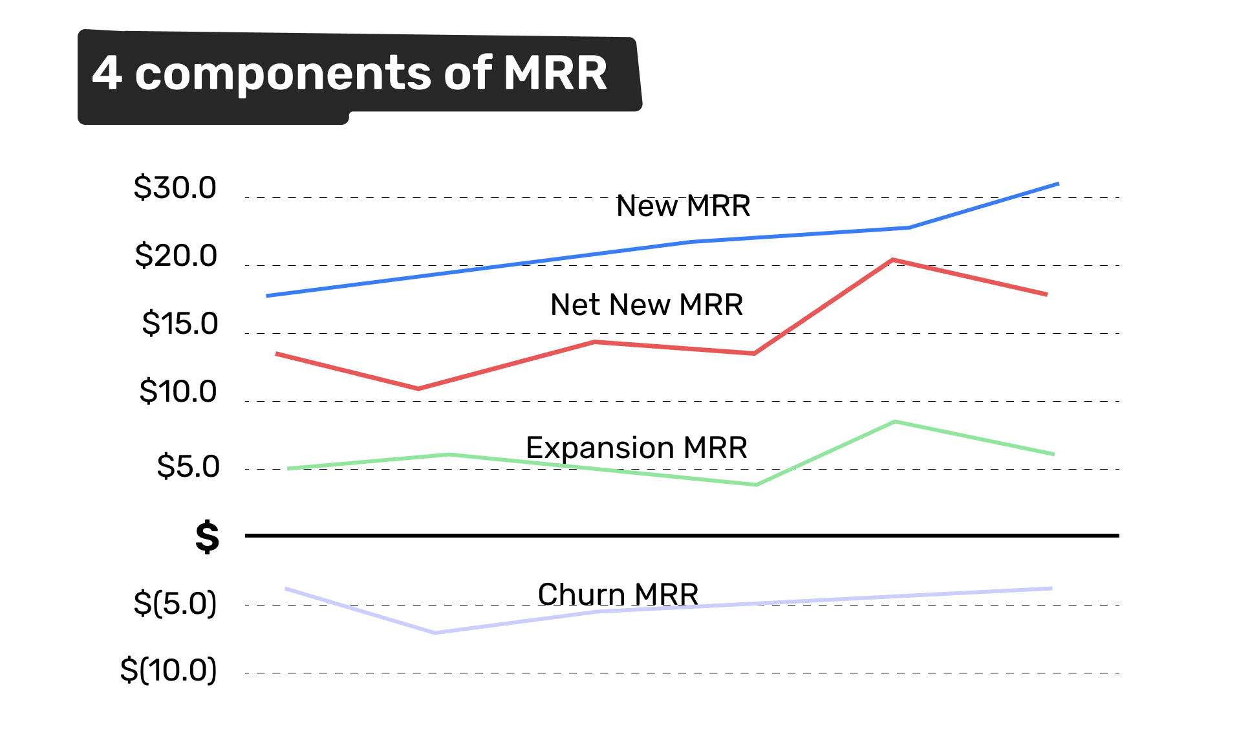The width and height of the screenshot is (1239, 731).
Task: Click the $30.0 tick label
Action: [x=175, y=188]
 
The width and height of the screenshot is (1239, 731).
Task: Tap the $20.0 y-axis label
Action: [x=175, y=256]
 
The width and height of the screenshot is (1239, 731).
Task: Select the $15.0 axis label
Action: [x=180, y=323]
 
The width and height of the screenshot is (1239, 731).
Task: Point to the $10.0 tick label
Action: [x=178, y=391]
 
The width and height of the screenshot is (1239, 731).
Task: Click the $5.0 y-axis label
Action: [x=188, y=466]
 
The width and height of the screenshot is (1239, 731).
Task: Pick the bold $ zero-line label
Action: [x=207, y=537]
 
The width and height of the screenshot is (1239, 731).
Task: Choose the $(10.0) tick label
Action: [x=168, y=670]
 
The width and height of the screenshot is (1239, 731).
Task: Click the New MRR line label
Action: [x=683, y=206]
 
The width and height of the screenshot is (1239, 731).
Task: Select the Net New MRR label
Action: [x=646, y=305]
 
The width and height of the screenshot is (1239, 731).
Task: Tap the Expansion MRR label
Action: [x=636, y=448]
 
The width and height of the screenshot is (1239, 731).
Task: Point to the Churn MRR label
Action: [x=618, y=595]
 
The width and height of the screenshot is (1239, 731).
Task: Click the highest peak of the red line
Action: [x=892, y=260]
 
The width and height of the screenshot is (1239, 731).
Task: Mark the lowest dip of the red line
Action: [x=418, y=388]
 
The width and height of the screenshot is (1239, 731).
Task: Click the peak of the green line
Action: [x=895, y=422]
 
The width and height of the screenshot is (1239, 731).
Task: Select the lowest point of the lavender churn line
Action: [x=435, y=632]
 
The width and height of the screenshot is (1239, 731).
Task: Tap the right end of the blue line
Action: [x=1057, y=184]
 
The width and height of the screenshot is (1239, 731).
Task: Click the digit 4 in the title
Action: [x=107, y=72]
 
